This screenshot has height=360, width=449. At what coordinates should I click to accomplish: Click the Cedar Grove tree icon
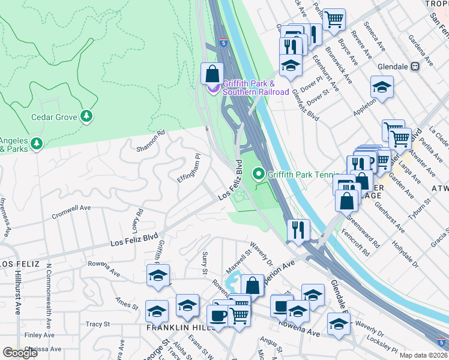87,116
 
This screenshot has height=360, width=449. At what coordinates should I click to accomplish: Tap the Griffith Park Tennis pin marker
259,175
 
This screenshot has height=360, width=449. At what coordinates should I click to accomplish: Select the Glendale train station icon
415,67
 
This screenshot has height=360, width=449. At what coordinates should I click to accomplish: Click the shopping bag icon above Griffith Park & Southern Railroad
212,74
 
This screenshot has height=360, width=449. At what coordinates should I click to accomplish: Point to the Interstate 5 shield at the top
223,43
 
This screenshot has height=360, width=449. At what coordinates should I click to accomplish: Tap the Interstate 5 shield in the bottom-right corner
442,342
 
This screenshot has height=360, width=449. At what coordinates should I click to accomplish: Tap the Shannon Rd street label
150,141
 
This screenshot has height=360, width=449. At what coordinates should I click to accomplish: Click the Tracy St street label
98,324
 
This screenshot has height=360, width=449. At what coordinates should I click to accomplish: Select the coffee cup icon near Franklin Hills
218,315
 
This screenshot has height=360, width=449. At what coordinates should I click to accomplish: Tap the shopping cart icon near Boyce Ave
334,19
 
